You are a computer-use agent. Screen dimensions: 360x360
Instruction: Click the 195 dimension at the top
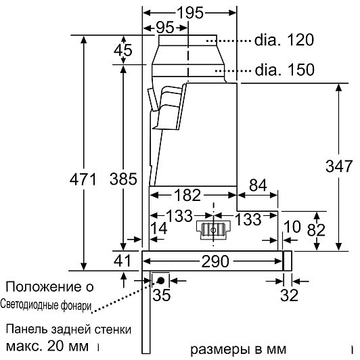pyautogui.click(x=190, y=13)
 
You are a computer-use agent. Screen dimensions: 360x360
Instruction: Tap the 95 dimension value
pyautogui.click(x=165, y=28)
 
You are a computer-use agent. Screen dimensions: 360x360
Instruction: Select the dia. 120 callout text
pyautogui.click(x=284, y=40)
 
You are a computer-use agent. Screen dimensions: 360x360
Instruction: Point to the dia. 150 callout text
pyautogui.click(x=284, y=70)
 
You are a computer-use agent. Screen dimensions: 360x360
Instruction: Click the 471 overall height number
pyautogui.click(x=83, y=179)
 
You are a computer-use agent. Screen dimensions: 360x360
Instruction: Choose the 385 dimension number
pyautogui.click(x=123, y=179)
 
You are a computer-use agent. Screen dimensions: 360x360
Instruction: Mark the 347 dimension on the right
pyautogui.click(x=339, y=166)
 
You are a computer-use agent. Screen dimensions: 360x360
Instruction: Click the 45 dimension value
pyautogui.click(x=123, y=50)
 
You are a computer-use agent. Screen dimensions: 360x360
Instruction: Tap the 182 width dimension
pyautogui.click(x=187, y=195)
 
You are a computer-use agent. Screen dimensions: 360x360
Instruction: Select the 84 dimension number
pyautogui.click(x=258, y=185)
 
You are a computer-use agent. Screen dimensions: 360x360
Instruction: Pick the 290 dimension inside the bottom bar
pyautogui.click(x=215, y=261)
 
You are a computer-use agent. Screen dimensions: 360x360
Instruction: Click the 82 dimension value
pyautogui.click(x=316, y=230)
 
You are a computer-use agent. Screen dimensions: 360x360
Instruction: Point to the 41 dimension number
pyautogui.click(x=122, y=261)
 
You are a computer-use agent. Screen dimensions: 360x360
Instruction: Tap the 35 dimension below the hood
pyautogui.click(x=162, y=295)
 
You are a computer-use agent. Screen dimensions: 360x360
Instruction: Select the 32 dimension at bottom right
pyautogui.click(x=289, y=295)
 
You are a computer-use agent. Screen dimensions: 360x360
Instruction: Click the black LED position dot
pyautogui.click(x=160, y=280)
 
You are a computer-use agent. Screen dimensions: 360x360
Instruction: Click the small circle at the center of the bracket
pyautogui.click(x=214, y=230)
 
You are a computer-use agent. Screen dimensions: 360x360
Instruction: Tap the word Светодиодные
pyautogui.click(x=30, y=305)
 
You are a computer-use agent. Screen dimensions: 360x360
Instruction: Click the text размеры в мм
pyautogui.click(x=238, y=349)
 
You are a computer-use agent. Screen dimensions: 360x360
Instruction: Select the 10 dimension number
pyautogui.click(x=292, y=227)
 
